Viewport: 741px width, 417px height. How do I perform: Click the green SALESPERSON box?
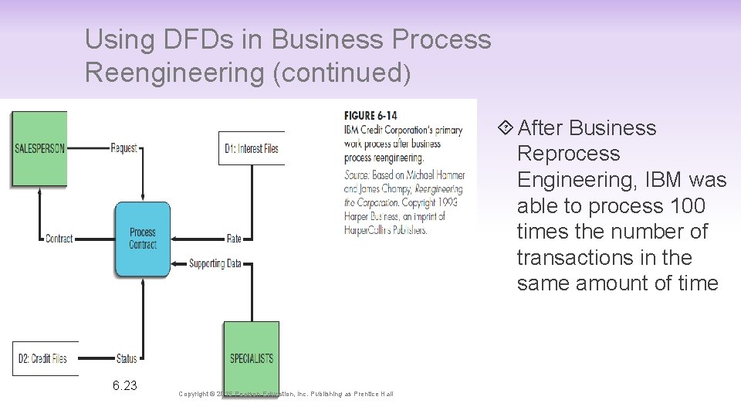39,149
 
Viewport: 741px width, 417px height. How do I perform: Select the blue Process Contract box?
143,239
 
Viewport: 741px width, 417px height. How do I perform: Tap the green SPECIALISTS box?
252,358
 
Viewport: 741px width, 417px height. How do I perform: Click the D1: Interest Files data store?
252,148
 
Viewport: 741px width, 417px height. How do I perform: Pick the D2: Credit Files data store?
46,358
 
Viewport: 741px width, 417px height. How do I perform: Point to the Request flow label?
123,148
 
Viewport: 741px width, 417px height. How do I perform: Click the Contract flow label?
59,239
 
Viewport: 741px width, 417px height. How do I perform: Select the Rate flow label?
234,239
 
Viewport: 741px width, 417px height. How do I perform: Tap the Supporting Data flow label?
215,263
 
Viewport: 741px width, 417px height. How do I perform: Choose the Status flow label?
126,358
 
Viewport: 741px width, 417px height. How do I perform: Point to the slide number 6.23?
123,385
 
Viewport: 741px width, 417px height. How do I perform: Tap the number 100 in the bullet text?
689,205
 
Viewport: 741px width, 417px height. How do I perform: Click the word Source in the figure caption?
357,175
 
